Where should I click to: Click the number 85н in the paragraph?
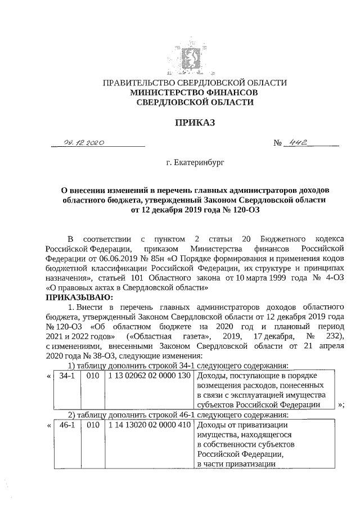point(148,258)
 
